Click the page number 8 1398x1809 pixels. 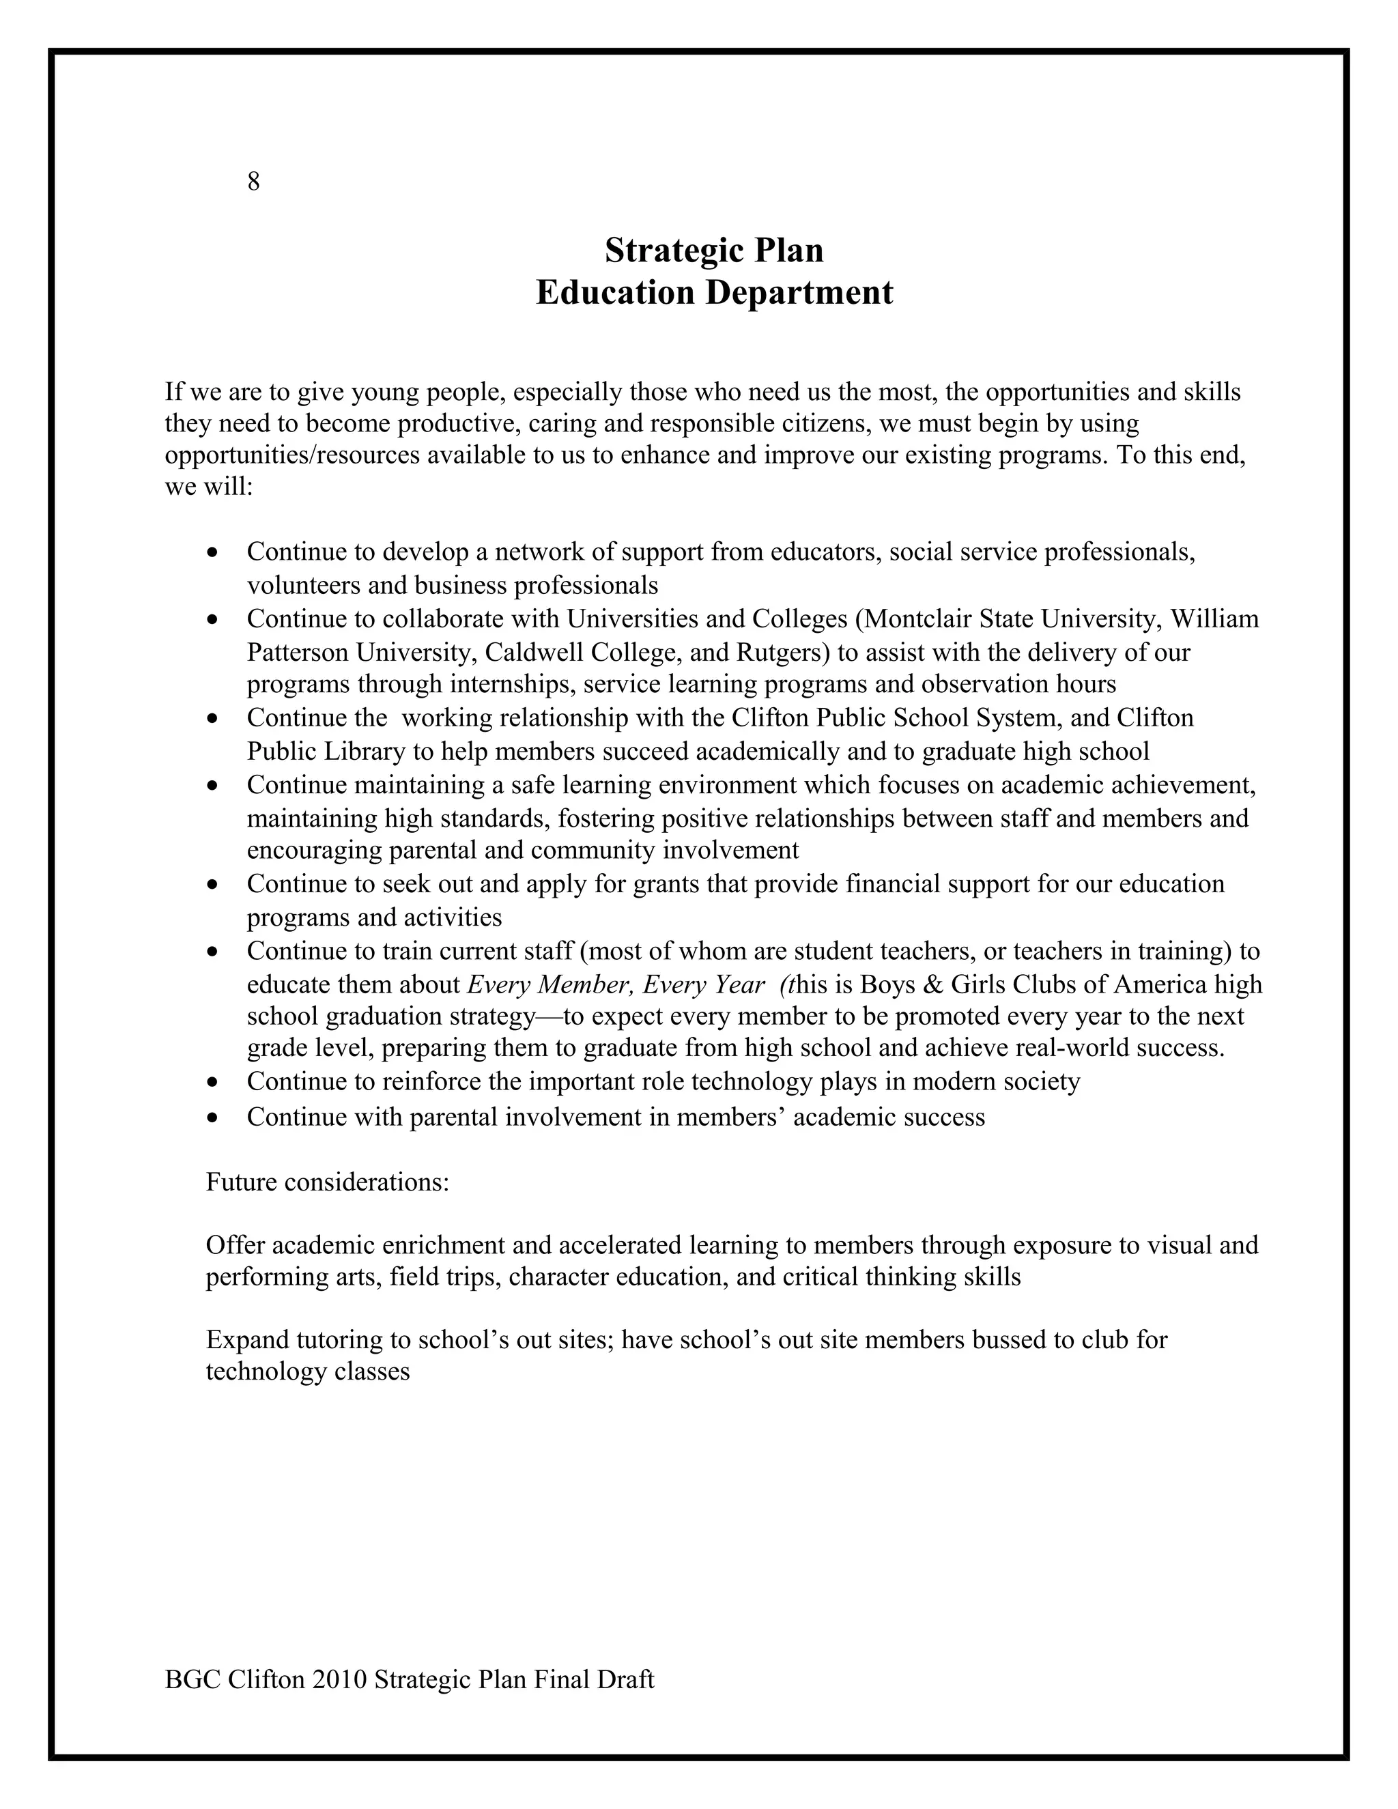[x=253, y=182]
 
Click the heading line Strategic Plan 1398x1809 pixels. [x=714, y=250]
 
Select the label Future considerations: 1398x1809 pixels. [x=327, y=1182]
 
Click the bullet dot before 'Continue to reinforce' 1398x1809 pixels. [x=214, y=1083]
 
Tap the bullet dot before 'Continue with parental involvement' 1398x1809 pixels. [x=214, y=1118]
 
